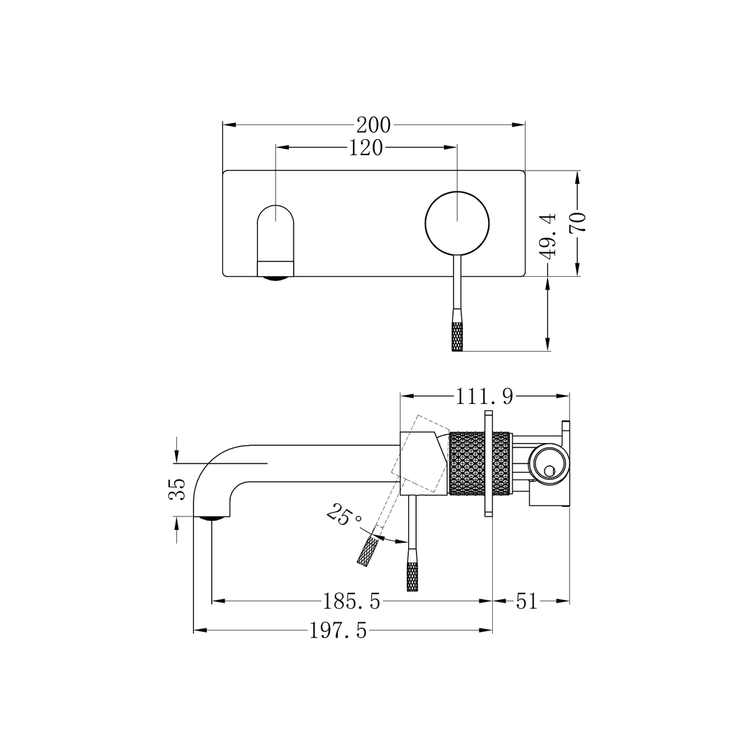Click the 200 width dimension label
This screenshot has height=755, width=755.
pos(373,125)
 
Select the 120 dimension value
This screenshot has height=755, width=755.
pos(366,148)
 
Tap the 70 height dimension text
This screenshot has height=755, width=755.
pos(577,222)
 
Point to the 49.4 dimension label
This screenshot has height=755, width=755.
pos(549,236)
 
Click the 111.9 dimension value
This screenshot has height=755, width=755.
pos(484,396)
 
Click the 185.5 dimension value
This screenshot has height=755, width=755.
pos(351,601)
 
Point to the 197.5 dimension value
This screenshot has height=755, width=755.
pos(338,631)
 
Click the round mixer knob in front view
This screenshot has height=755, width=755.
pos(457,222)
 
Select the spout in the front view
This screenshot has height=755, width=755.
pos(276,241)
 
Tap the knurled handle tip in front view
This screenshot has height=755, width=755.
pos(457,337)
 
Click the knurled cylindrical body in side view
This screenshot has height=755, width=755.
pos(479,463)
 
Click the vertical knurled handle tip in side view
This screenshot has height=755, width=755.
pos(412,575)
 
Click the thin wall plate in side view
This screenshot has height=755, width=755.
pos(487,463)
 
